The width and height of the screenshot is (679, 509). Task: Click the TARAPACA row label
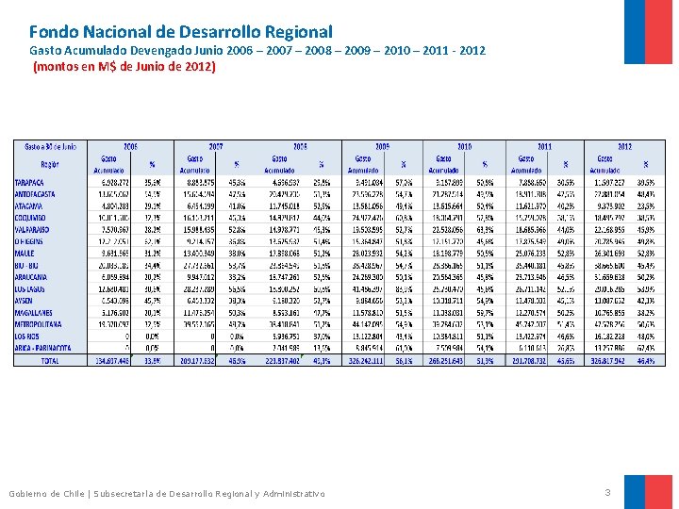tap(31, 182)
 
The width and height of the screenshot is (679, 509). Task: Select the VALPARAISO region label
tap(33, 228)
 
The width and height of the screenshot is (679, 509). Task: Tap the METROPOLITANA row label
tap(39, 323)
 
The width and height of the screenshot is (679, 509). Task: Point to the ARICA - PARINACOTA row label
tap(42, 347)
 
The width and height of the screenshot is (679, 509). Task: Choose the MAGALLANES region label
tap(35, 312)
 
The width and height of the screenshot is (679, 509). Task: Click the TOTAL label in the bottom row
tap(50, 360)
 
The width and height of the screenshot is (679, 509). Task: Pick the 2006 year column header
tap(130, 146)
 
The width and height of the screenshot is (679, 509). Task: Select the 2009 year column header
tap(384, 146)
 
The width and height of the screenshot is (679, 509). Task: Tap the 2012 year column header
tap(624, 146)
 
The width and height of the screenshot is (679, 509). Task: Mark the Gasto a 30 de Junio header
tap(50, 147)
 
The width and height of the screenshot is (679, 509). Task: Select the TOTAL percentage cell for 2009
tap(405, 360)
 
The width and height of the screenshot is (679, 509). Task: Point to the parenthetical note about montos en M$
tap(124, 67)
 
